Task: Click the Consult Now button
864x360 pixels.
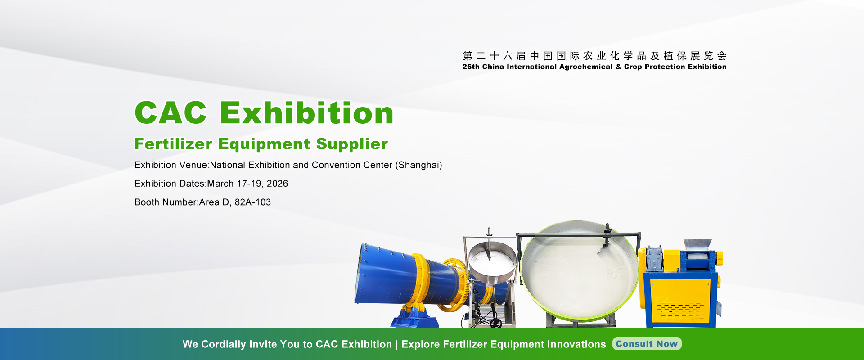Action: point(647,344)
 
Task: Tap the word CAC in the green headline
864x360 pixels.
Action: point(171,112)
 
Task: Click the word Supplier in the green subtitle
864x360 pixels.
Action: point(352,144)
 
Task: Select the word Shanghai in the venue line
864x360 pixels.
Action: point(418,165)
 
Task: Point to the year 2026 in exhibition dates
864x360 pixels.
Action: point(277,184)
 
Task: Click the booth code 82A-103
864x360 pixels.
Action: point(253,202)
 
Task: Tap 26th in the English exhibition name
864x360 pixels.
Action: point(471,67)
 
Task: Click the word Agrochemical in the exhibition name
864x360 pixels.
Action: point(586,67)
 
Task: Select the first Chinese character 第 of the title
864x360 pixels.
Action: point(468,56)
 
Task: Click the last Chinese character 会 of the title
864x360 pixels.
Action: point(722,56)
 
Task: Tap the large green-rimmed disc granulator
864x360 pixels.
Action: point(580,270)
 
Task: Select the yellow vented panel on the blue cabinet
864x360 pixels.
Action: point(680,300)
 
